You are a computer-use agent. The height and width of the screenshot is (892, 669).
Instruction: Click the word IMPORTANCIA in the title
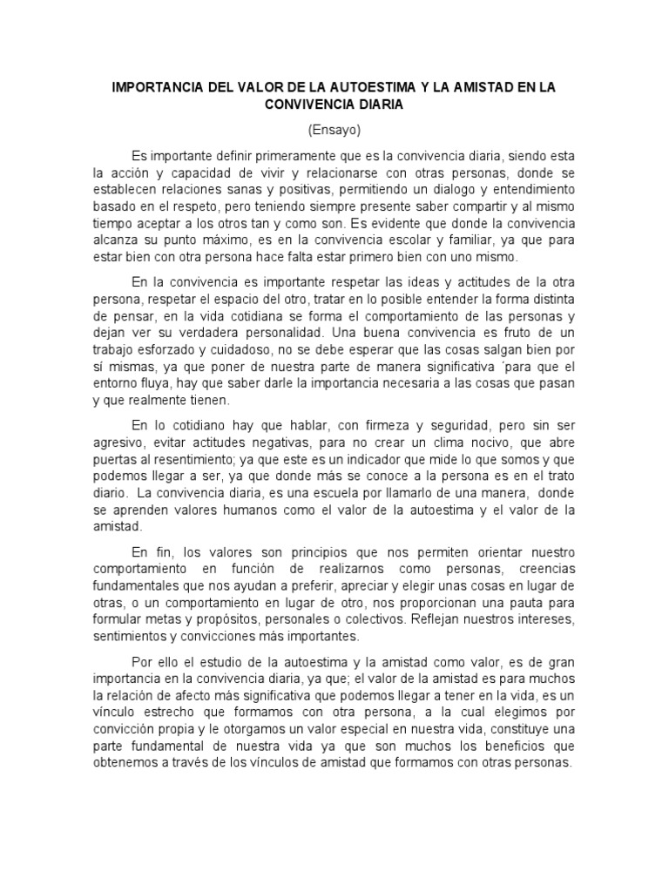[158, 88]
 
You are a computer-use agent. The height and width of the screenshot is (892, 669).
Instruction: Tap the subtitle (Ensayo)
[334, 129]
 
